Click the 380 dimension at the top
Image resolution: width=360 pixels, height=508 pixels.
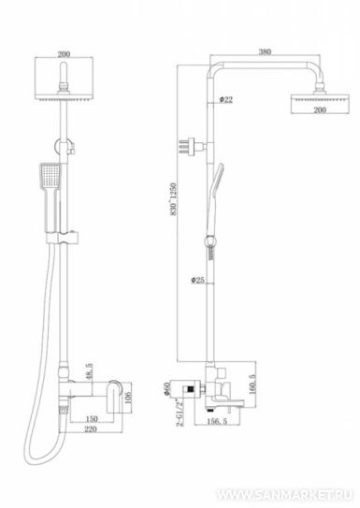point(265,51)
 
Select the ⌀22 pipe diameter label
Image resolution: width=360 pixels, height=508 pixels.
point(225,99)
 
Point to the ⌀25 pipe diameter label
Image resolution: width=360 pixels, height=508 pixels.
point(197,280)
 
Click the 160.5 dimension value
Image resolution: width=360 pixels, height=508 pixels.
point(252,385)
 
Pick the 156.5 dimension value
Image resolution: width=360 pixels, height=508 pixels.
point(217,421)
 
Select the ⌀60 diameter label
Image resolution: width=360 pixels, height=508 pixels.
point(166,389)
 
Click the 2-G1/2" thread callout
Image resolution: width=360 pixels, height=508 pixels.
point(180,413)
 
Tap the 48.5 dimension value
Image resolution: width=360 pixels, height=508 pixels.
point(90,371)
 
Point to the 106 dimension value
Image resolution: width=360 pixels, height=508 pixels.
point(127,398)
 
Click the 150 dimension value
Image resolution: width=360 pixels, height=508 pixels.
point(92,418)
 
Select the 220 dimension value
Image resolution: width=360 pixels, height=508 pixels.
point(91,429)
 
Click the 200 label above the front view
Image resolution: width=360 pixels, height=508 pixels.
point(64,54)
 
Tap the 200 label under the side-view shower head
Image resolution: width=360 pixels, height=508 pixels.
point(320,109)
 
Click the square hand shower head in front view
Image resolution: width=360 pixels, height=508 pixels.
point(50,177)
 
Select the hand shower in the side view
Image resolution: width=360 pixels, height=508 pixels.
point(214,197)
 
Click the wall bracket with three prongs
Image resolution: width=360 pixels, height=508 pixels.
point(192,146)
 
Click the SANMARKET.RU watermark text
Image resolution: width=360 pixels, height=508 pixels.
point(284,495)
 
